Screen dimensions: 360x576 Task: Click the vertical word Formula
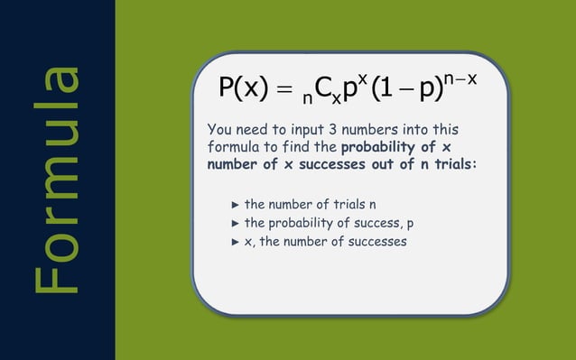(56, 180)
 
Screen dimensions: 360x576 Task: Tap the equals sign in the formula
(283, 89)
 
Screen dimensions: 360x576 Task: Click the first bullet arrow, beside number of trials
(237, 204)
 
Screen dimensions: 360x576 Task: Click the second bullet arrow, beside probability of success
(237, 223)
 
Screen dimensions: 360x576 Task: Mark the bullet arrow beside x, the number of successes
(237, 242)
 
